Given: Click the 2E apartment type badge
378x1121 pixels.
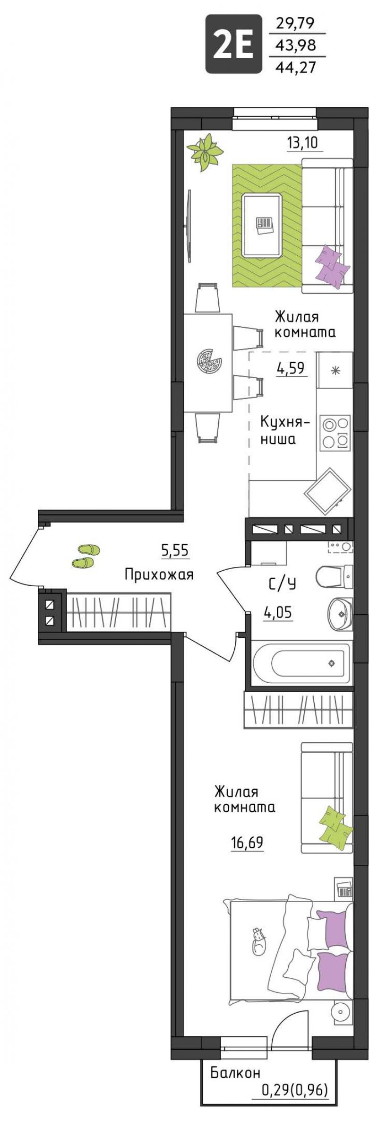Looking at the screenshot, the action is coord(233,44).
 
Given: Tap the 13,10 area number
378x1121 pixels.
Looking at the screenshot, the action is coord(304,142).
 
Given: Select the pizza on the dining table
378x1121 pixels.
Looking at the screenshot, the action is coord(209,362).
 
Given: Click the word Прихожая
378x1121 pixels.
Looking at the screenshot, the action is coord(159,574).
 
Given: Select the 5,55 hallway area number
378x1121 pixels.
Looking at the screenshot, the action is coord(175,550).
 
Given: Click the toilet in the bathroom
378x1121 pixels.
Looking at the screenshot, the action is coord(335,577).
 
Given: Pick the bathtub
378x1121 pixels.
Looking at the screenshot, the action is coord(302,662).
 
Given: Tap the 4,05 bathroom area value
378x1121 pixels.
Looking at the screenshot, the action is coord(278,613).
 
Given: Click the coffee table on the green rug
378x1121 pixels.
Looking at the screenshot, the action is coord(264,226).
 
